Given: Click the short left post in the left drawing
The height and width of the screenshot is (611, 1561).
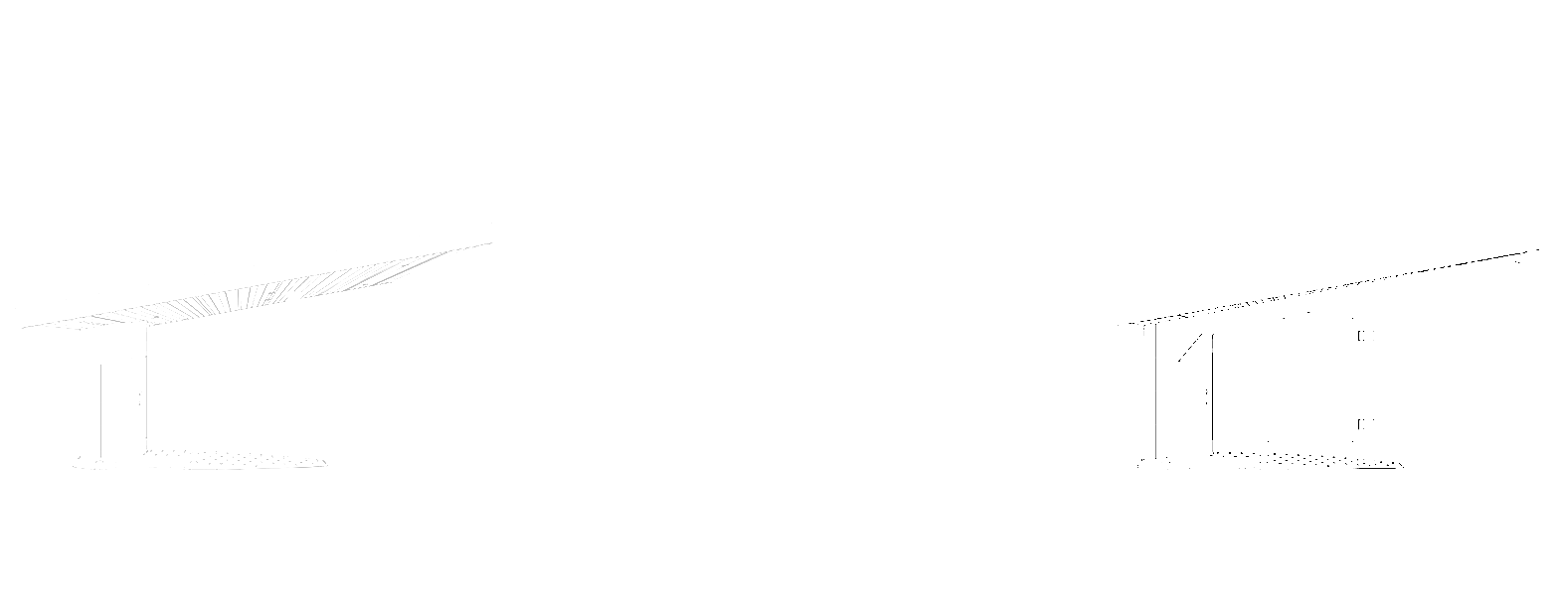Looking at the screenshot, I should (x=101, y=407).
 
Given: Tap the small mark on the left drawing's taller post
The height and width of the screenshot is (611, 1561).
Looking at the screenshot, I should (x=138, y=400).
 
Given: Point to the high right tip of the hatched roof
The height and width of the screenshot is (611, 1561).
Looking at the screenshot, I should (x=490, y=242).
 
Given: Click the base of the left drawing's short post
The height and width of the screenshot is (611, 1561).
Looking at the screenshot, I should (x=100, y=458).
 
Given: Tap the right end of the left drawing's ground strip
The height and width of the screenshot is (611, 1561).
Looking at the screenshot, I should (x=323, y=463).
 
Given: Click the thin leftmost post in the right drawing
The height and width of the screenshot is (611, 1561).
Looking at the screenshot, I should (x=1154, y=392).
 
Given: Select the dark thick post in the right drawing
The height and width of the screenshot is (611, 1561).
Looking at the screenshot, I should (x=1211, y=392).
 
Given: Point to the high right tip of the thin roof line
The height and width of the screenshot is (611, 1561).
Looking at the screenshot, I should (x=1536, y=250).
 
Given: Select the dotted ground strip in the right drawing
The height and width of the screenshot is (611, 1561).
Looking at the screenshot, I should (x=1293, y=458).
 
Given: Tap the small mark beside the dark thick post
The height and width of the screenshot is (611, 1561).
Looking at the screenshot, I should (x=1205, y=397).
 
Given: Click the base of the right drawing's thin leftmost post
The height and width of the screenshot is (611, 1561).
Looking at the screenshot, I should (x=1154, y=461).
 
